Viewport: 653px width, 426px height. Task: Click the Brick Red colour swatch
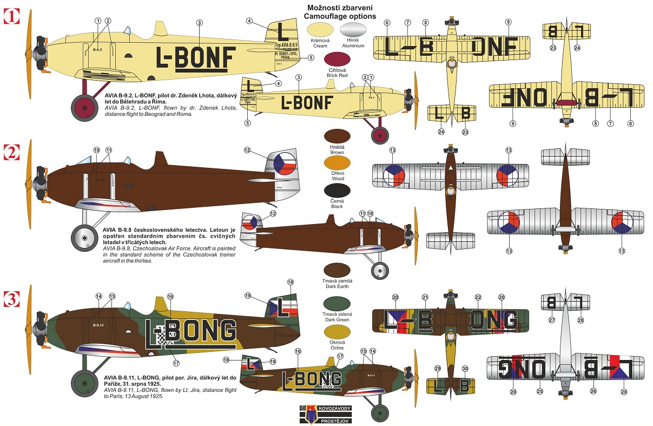337,58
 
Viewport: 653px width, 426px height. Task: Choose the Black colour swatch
337,190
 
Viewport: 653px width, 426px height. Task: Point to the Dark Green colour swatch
337,304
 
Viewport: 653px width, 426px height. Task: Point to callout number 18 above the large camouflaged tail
291,282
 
